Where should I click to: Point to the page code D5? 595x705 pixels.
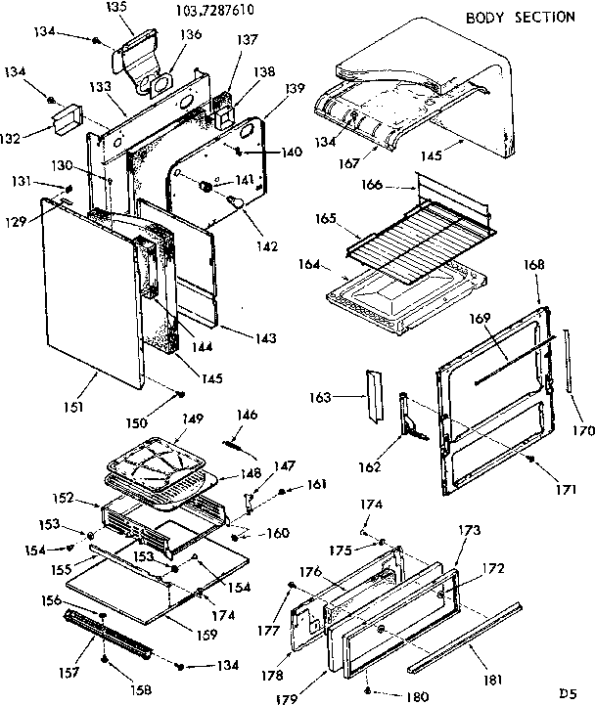pyautogui.click(x=567, y=692)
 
